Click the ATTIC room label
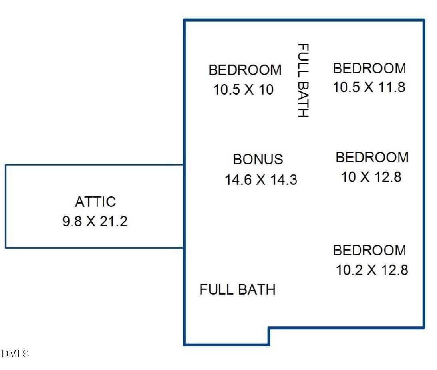(x=95, y=202)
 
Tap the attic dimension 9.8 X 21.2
(x=95, y=221)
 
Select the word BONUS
(x=258, y=160)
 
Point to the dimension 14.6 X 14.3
(x=260, y=180)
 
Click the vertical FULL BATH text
(x=303, y=80)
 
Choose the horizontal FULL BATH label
(x=237, y=289)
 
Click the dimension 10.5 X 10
(x=243, y=90)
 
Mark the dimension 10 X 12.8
(x=371, y=177)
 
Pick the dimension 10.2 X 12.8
(x=371, y=270)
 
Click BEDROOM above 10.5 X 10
(x=245, y=70)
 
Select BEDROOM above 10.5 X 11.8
(x=369, y=69)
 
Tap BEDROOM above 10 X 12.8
(x=372, y=158)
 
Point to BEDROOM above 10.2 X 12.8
(x=369, y=251)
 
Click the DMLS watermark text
(x=15, y=354)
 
